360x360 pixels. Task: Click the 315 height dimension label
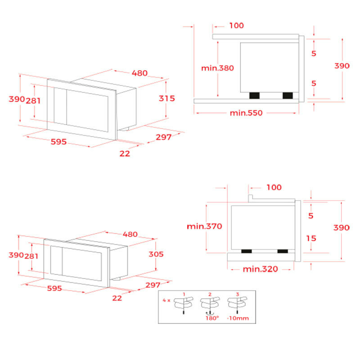166,98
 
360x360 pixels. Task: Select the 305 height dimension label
156,254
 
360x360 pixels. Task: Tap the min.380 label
217,68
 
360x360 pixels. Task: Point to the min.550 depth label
246,112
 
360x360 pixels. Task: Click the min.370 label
204,226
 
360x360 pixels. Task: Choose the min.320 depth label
260,269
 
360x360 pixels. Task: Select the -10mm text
238,318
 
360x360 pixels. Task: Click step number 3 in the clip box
238,294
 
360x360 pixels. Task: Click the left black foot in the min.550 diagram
255,95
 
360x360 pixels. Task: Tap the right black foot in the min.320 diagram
283,251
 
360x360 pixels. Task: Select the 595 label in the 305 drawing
54,288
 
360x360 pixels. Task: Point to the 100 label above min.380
236,25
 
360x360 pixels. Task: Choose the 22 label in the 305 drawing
117,298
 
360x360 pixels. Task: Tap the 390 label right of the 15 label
342,228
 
